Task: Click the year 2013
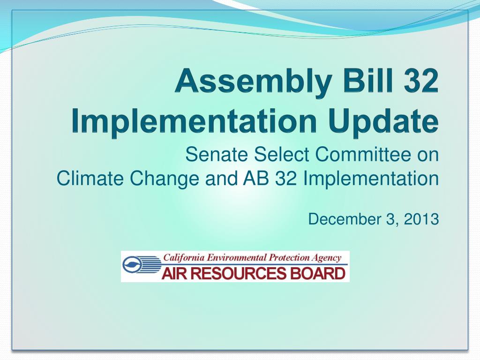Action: tap(420, 219)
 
